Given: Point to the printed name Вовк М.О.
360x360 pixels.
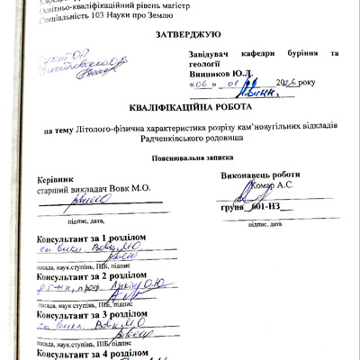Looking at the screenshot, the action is [x=134, y=190].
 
